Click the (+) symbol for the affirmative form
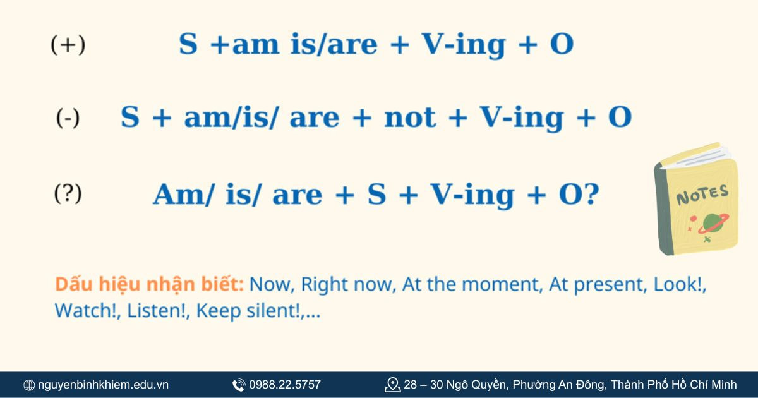pyautogui.click(x=68, y=45)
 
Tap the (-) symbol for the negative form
pyautogui.click(x=68, y=118)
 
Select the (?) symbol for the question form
pyautogui.click(x=68, y=194)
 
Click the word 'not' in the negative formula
pyautogui.click(x=410, y=118)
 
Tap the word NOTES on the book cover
pyautogui.click(x=702, y=195)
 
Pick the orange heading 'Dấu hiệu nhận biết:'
pyautogui.click(x=149, y=285)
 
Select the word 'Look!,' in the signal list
pyautogui.click(x=680, y=285)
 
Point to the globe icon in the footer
pyautogui.click(x=29, y=385)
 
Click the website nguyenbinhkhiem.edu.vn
pyautogui.click(x=103, y=385)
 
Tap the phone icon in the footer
pyautogui.click(x=239, y=385)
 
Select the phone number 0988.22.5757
pyautogui.click(x=285, y=385)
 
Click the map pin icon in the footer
pyautogui.click(x=392, y=385)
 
